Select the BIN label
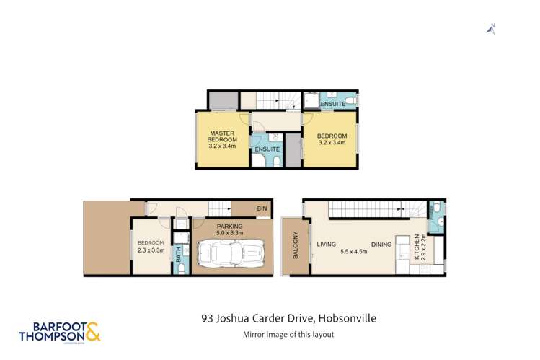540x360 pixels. pyautogui.click(x=260, y=209)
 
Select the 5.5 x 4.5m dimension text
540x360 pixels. pyautogui.click(x=353, y=253)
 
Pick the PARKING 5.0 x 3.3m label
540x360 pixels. pyautogui.click(x=232, y=229)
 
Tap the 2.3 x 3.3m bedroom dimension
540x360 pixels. pyautogui.click(x=152, y=250)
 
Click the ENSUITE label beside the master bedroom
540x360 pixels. pyautogui.click(x=267, y=149)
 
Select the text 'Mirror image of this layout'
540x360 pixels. pyautogui.click(x=287, y=334)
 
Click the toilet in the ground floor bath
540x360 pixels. pyautogui.click(x=181, y=268)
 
